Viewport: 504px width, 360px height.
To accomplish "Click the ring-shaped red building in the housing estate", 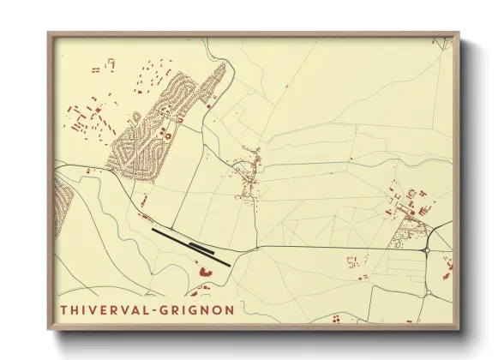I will point(168,134).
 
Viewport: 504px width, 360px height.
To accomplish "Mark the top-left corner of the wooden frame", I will point(49,34).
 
